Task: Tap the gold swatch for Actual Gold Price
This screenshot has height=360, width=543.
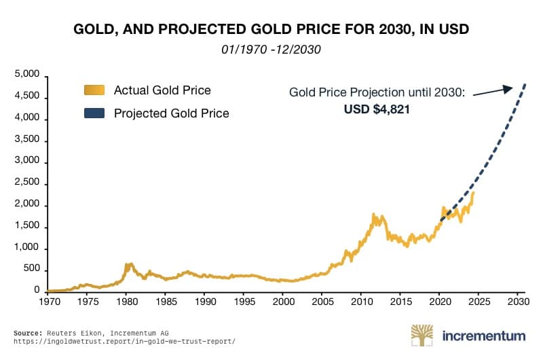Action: pos(94,90)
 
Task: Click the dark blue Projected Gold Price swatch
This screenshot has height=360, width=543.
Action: pos(94,113)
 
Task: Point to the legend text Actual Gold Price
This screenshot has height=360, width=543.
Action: pos(162,90)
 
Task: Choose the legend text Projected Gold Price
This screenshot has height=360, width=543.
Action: pos(171,113)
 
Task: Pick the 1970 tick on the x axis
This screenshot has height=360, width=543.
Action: pos(48,300)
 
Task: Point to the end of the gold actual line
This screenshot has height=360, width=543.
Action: pos(473,192)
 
